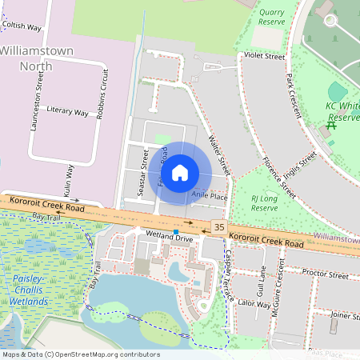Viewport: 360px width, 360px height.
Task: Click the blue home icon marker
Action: pyautogui.click(x=180, y=172)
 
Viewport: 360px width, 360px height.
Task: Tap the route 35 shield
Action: pyautogui.click(x=218, y=228)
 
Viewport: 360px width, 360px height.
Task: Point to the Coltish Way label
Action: pyautogui.click(x=22, y=26)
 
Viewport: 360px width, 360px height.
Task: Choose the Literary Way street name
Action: pyautogui.click(x=67, y=112)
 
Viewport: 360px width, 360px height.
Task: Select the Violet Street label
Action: pyautogui.click(x=264, y=57)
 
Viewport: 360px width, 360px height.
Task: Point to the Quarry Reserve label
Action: pyautogui.click(x=271, y=18)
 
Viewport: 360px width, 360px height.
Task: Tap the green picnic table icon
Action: pyautogui.click(x=331, y=126)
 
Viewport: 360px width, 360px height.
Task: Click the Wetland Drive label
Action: pyautogui.click(x=170, y=238)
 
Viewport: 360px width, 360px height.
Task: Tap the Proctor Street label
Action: pyautogui.click(x=326, y=274)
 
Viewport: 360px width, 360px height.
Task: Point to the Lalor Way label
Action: pyautogui.click(x=254, y=304)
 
